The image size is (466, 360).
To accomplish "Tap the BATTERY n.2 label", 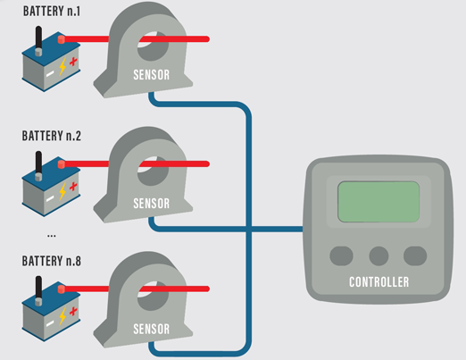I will [x=52, y=137].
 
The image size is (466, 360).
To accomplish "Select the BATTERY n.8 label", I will [x=52, y=263].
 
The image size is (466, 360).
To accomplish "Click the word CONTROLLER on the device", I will [x=379, y=282].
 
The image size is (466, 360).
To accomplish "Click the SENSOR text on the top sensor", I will [x=151, y=75].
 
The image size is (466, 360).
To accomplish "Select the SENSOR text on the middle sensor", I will [x=151, y=203].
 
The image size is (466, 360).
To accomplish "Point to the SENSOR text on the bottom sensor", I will [x=151, y=328].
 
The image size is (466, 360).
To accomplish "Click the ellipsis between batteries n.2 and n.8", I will [x=51, y=235].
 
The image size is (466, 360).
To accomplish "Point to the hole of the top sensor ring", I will [x=153, y=40].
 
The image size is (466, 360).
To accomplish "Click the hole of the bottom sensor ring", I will [x=153, y=290].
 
